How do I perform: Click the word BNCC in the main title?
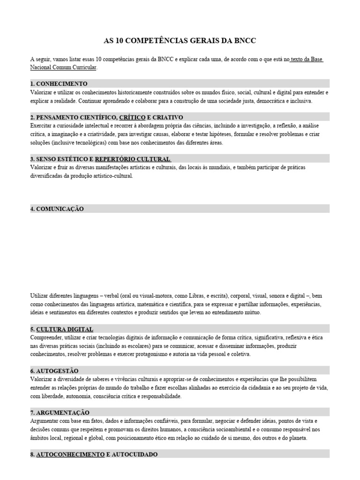[245, 41]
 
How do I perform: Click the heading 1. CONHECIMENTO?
[59, 83]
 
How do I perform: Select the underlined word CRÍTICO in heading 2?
[132, 117]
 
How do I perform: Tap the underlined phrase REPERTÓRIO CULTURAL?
[132, 159]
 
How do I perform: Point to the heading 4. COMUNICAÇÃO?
[57, 209]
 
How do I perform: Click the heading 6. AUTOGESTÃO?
[54, 371]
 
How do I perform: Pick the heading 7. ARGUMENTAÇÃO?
[60, 412]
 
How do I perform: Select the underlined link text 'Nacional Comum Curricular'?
[63, 67]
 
